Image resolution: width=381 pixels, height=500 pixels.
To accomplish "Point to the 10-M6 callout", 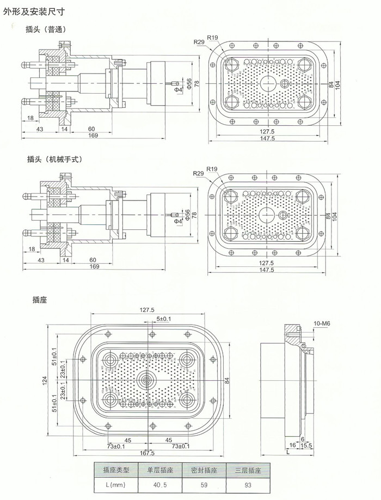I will (x=323, y=324).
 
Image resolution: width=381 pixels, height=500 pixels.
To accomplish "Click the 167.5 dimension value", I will (x=147, y=453).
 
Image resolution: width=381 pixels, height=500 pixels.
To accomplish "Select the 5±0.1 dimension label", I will (x=164, y=318).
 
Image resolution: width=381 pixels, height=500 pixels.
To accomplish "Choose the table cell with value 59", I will (x=204, y=483).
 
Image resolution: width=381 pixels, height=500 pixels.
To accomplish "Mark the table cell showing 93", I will (x=248, y=483).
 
